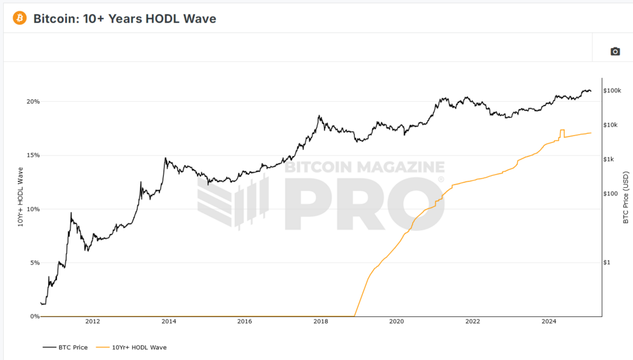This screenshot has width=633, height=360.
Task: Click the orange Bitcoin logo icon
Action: pyautogui.click(x=19, y=18)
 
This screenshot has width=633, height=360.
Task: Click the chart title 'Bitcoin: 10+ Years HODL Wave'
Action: pyautogui.click(x=125, y=19)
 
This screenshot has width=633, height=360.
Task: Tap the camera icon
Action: pyautogui.click(x=615, y=51)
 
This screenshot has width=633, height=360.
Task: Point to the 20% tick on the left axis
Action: pyautogui.click(x=33, y=101)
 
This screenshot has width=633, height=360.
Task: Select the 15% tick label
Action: pyautogui.click(x=33, y=155)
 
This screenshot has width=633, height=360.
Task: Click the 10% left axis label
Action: pyautogui.click(x=33, y=209)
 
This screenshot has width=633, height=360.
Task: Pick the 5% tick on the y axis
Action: pyautogui.click(x=34, y=263)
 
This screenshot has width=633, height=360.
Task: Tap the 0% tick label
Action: pyautogui.click(x=34, y=316)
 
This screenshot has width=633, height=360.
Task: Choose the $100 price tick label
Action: pyautogui.click(x=613, y=194)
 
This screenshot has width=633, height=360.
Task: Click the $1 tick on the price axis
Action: pyautogui.click(x=609, y=262)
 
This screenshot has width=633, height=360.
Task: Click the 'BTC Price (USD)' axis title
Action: pyautogui.click(x=625, y=197)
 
